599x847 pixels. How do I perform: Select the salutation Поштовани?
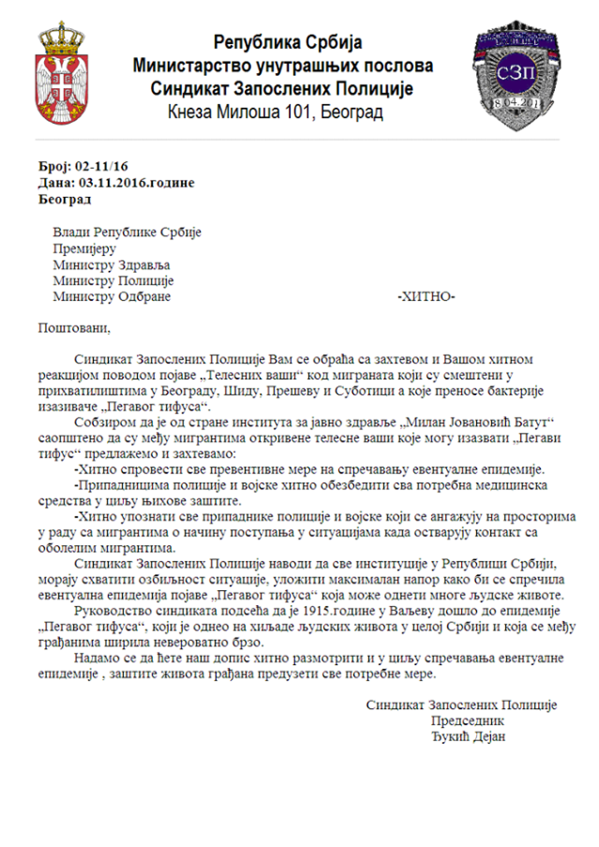(74, 328)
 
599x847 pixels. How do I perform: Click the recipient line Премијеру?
(83, 248)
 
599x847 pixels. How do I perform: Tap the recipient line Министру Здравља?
(112, 264)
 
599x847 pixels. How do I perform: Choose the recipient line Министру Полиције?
(113, 280)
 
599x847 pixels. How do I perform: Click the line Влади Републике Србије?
(127, 232)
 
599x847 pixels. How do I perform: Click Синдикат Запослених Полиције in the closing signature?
(461, 705)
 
